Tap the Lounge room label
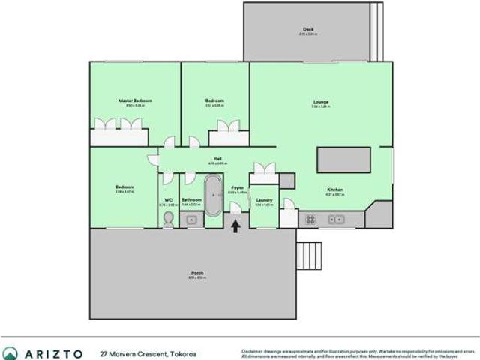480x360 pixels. pyautogui.click(x=321, y=102)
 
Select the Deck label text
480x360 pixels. pyautogui.click(x=307, y=29)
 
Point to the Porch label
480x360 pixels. pyautogui.click(x=196, y=272)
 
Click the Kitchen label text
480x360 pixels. pyautogui.click(x=334, y=190)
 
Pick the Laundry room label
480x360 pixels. pyautogui.click(x=263, y=199)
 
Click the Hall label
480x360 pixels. pyautogui.click(x=217, y=158)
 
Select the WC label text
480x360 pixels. pyautogui.click(x=169, y=199)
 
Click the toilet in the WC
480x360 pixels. pyautogui.click(x=169, y=218)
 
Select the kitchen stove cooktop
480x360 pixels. pyautogui.click(x=309, y=220)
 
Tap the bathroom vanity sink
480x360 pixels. pyautogui.click(x=191, y=220)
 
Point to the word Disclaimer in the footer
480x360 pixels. pyautogui.click(x=252, y=349)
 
